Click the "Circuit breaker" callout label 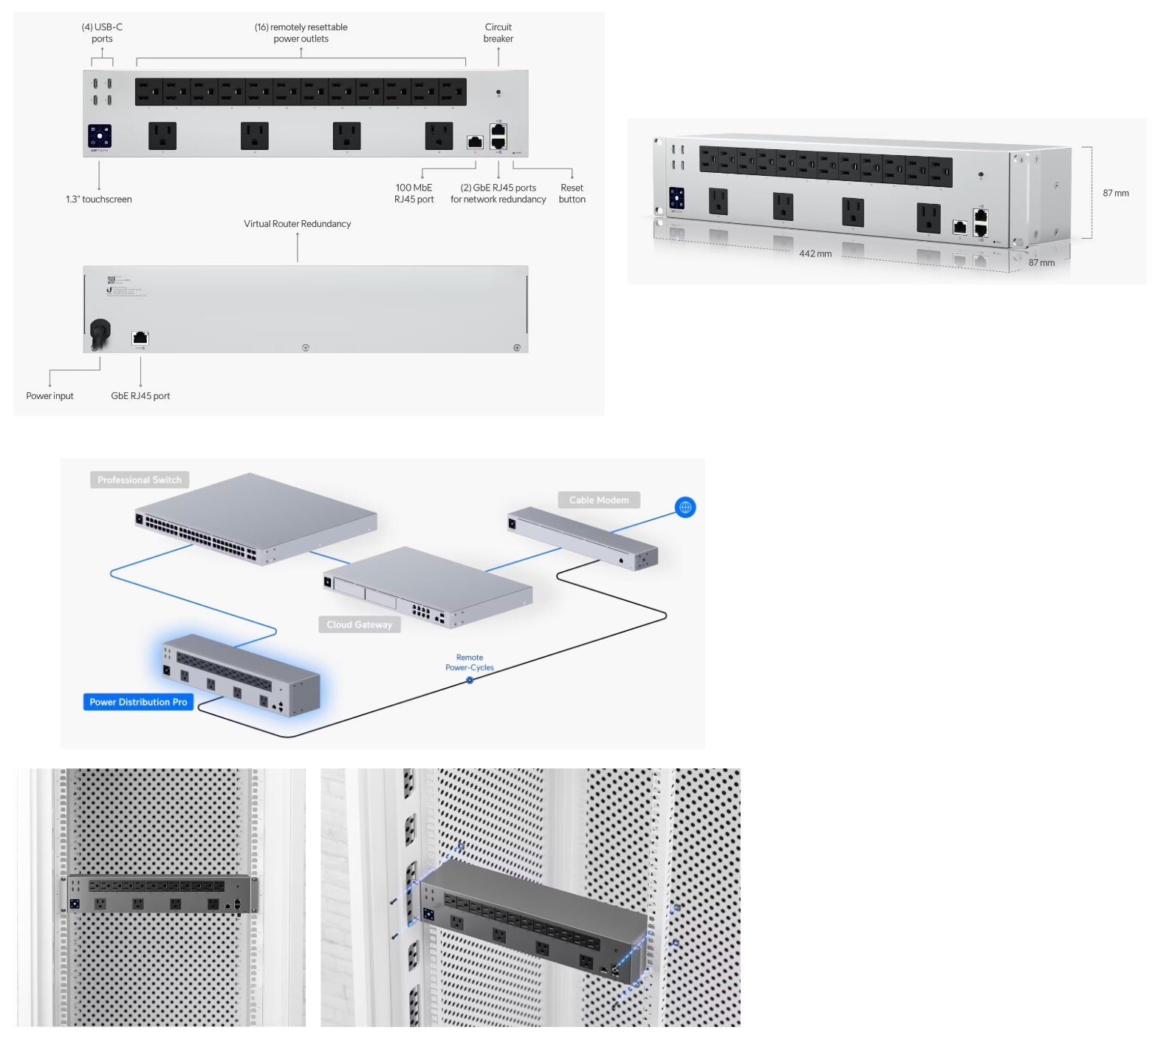498,33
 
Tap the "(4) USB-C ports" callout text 102,33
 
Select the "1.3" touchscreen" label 98,199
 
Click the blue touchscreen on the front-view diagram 100,136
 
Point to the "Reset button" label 572,194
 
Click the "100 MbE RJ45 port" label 414,194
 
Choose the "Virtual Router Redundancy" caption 297,224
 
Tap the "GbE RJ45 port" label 140,396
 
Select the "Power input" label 49,396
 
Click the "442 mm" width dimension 815,253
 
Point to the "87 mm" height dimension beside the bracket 1115,194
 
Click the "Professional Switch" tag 140,480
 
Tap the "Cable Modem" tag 599,500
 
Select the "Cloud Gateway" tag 360,625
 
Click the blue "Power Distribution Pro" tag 138,702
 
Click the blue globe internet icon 685,508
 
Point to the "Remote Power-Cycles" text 470,663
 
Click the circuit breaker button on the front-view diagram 498,92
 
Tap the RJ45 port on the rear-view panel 140,338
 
